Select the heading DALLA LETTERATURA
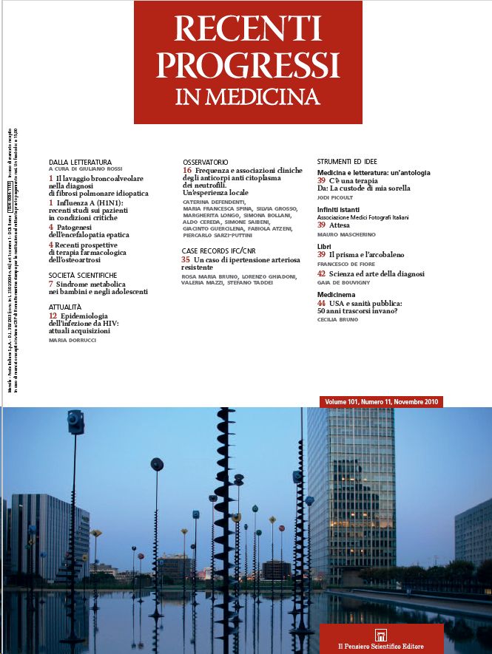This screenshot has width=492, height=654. coord(80,162)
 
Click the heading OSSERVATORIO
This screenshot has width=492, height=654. coord(206,162)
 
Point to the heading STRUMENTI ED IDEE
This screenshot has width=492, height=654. coord(351,161)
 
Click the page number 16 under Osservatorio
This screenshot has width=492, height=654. coord(186,171)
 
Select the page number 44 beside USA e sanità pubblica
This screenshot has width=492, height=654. coord(321,303)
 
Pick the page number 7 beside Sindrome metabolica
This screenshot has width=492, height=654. coord(50,284)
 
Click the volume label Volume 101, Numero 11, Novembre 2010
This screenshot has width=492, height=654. coord(382,401)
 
